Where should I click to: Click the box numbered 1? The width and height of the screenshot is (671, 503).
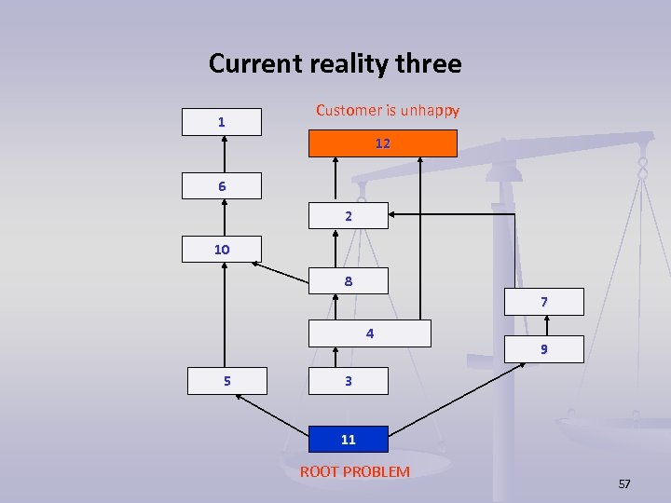point(222,122)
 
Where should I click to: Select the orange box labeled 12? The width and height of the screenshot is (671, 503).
point(383,143)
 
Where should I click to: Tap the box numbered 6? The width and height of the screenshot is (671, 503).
point(222,186)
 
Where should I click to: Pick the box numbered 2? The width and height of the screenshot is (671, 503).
point(348,215)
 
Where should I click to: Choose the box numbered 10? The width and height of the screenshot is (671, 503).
point(222,250)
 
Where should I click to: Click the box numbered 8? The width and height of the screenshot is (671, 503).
point(348,280)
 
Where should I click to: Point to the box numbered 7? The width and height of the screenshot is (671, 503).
point(543,302)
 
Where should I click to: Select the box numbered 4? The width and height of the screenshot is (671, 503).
point(370,333)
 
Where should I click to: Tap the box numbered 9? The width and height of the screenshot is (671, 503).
point(543,349)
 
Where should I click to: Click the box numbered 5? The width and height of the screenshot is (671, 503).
point(226,381)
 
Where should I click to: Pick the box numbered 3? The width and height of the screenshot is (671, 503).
point(348,381)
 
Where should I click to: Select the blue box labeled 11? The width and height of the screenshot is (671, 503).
point(348,439)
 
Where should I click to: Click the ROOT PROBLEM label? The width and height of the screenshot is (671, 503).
point(354,471)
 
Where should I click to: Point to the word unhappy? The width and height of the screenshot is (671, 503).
point(430,110)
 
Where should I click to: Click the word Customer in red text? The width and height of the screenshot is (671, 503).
point(348,110)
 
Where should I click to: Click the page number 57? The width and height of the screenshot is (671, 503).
point(624,484)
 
